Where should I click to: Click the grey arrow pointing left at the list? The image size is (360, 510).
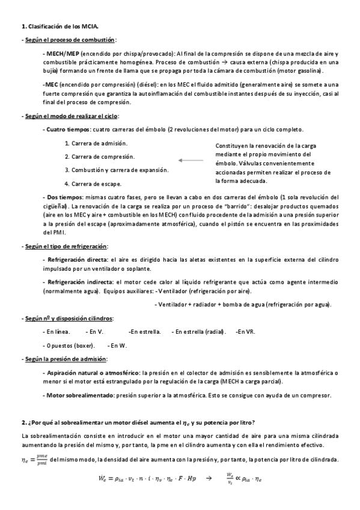(191, 160)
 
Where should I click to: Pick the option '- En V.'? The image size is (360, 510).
(94, 331)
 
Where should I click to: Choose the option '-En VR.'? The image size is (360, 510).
(245, 331)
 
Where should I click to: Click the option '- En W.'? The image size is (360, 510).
(117, 345)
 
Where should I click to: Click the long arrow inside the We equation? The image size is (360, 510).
(209, 479)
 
